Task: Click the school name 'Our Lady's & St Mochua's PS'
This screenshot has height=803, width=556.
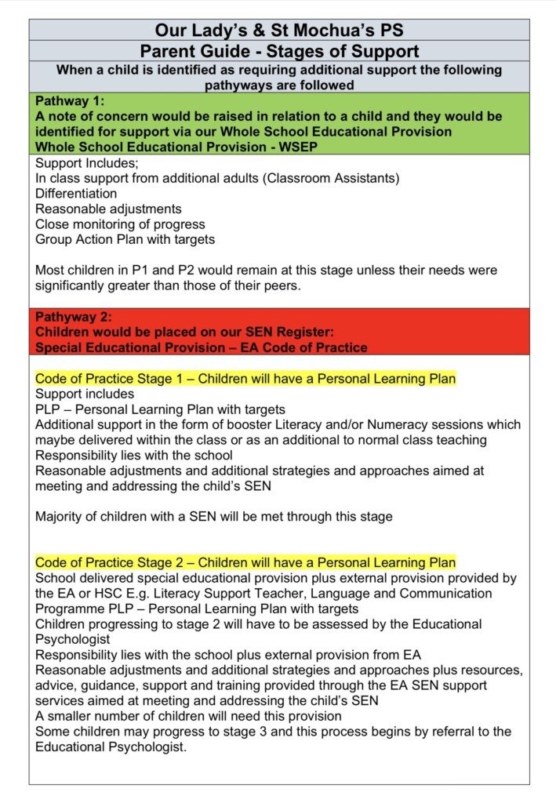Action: (x=278, y=31)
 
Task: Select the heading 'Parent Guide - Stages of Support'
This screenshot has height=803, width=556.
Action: (x=278, y=52)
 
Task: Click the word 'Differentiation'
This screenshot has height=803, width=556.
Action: (x=76, y=194)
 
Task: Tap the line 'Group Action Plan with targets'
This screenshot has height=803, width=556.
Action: (x=125, y=239)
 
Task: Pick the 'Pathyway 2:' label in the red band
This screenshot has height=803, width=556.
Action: (x=74, y=317)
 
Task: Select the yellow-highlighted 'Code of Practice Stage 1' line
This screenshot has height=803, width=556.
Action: (x=245, y=379)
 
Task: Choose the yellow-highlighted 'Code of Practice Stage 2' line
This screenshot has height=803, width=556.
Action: (x=245, y=563)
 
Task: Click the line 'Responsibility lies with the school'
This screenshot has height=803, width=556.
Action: (x=133, y=455)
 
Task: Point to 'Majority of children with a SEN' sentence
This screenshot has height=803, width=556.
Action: (x=213, y=516)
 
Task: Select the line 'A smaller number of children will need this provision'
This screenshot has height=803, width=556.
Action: (x=188, y=716)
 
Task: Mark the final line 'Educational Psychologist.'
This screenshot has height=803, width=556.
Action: (x=111, y=747)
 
